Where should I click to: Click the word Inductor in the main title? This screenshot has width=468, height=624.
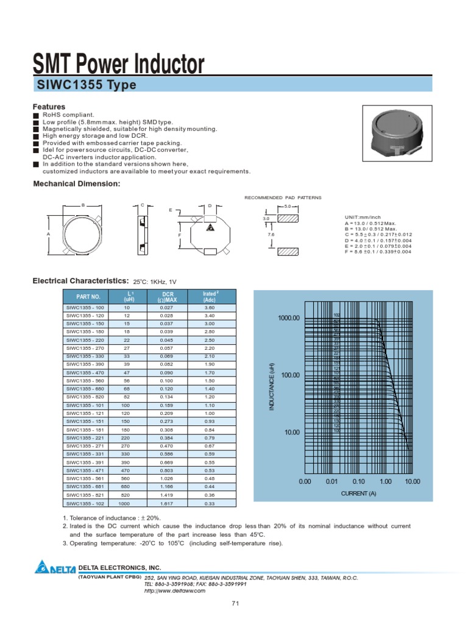165,64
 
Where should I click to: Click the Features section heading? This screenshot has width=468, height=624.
49,107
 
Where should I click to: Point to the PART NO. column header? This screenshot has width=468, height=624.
84,296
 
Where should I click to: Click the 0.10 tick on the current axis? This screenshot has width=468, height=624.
358,481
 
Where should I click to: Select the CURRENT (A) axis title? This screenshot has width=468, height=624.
358,493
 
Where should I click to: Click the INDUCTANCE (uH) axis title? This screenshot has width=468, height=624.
272,387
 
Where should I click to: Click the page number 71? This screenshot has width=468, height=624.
235,603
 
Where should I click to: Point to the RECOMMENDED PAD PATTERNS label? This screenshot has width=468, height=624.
283,198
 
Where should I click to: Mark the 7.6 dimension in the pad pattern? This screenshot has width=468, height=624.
270,234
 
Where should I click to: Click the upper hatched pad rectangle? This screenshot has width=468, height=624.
288,217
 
